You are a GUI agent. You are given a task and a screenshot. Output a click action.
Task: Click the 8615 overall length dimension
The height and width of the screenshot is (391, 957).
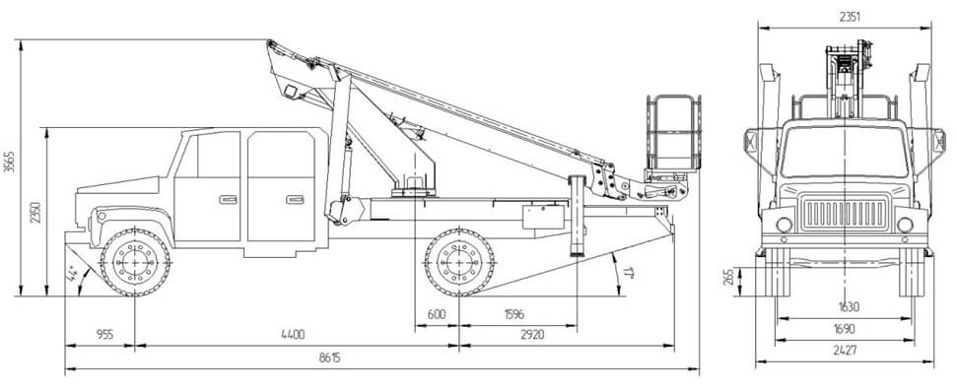pos(329,358)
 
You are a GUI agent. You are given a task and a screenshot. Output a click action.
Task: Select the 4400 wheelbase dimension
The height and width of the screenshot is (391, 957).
pos(293,334)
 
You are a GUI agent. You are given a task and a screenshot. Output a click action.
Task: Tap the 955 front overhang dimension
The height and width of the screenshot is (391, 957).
pos(105,334)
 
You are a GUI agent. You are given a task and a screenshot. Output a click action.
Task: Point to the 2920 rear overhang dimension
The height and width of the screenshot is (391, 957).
pos(533,334)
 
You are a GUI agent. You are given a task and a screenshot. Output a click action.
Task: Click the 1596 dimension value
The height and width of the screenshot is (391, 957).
pos(513,315)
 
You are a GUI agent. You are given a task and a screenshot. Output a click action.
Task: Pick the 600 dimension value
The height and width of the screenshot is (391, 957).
pos(437,315)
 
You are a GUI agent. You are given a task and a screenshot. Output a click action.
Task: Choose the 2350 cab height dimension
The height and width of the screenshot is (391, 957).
pos(35,213)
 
